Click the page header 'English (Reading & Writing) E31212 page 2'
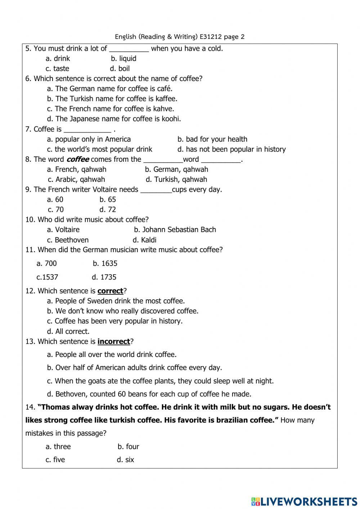pyautogui.click(x=180, y=36)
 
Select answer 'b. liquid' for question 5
pyautogui.click(x=123, y=58)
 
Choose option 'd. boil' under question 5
pyautogui.click(x=120, y=68)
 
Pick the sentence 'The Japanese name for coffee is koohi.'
pyautogui.click(x=114, y=119)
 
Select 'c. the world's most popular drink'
pyautogui.click(x=99, y=149)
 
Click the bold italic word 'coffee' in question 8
pyautogui.click(x=78, y=159)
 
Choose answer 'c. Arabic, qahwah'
pyautogui.click(x=76, y=179)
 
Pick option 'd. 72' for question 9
pyautogui.click(x=108, y=210)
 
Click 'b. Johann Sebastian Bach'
pyautogui.click(x=175, y=230)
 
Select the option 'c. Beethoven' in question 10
pyautogui.click(x=68, y=240)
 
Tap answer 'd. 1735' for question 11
pyautogui.click(x=104, y=277)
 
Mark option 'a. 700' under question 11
pyautogui.click(x=47, y=263)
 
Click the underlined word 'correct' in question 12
pyautogui.click(x=110, y=291)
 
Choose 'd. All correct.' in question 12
pyautogui.click(x=68, y=331)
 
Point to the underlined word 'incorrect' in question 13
pyautogui.click(x=113, y=341)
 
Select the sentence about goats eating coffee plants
pyautogui.click(x=160, y=381)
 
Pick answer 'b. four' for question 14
pyautogui.click(x=128, y=447)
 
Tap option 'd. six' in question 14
pyautogui.click(x=125, y=460)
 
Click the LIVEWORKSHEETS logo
pyautogui.click(x=304, y=501)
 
